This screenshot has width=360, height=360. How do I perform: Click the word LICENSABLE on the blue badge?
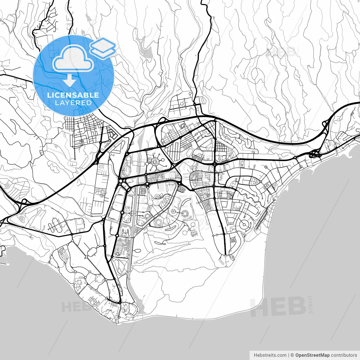click(x=73, y=95)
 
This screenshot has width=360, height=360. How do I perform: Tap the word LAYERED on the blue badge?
click(x=73, y=103)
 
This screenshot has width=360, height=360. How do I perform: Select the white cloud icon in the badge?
click(x=73, y=58)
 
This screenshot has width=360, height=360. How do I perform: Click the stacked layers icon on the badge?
click(x=103, y=48)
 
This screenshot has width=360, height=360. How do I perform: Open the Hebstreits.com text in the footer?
click(x=270, y=355)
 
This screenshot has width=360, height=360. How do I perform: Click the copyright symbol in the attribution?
click(x=292, y=355)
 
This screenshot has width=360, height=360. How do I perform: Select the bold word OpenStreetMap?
click(x=312, y=355)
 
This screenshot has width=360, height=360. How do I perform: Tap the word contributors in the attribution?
click(x=344, y=355)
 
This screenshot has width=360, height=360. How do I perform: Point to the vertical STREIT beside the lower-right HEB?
click(x=310, y=304)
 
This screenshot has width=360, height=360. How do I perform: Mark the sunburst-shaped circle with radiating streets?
click(x=155, y=162)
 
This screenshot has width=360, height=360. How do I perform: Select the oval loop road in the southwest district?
click(x=92, y=252)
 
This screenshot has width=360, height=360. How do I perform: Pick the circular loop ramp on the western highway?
click(x=24, y=201)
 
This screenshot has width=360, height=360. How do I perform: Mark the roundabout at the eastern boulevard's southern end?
click(x=226, y=255)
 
